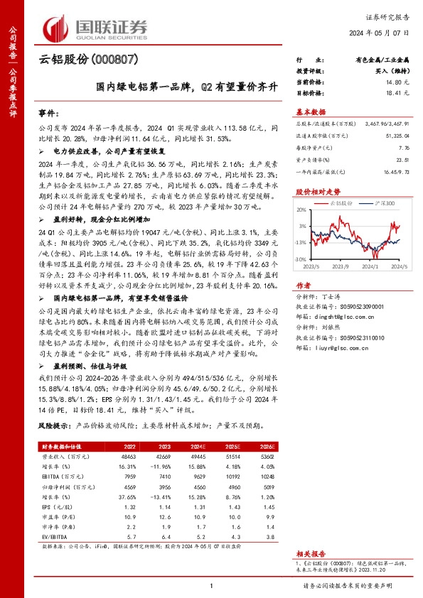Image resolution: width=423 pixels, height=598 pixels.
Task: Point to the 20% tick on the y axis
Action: (301, 209)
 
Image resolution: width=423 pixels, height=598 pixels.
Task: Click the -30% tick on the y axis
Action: (301, 260)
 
